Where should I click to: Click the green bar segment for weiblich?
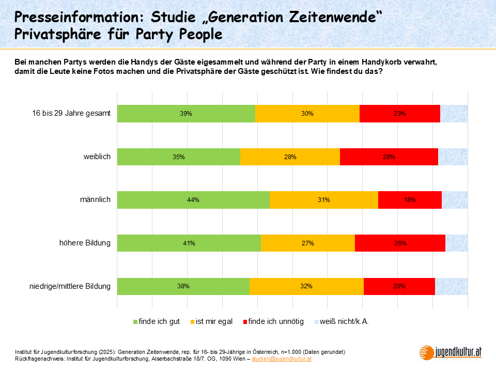pyautogui.click(x=179, y=157)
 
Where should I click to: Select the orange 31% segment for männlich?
pyautogui.click(x=324, y=200)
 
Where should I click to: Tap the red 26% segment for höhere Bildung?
pyautogui.click(x=400, y=243)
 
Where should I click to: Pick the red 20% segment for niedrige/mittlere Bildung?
pyautogui.click(x=399, y=286)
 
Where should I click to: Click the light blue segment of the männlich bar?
pyautogui.click(x=455, y=200)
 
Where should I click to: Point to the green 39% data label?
pyautogui.click(x=186, y=114)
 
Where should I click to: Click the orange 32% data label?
pyautogui.click(x=306, y=286)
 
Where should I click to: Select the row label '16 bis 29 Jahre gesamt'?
pyautogui.click(x=72, y=114)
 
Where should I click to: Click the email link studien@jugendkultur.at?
pyautogui.click(x=282, y=358)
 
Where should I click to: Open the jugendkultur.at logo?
pyautogui.click(x=451, y=352)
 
